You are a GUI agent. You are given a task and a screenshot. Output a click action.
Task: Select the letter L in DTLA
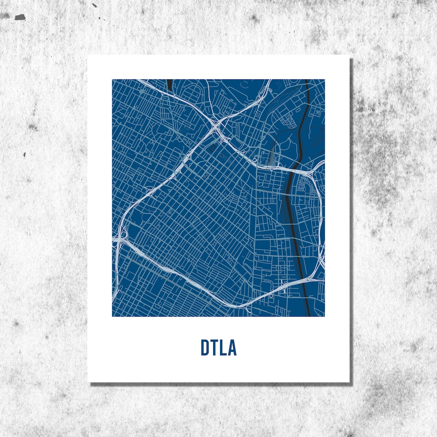click(x=223, y=347)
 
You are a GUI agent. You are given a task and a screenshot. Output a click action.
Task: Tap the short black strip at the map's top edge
click(x=169, y=84)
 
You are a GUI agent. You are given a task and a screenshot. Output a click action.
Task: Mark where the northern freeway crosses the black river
click(x=294, y=169)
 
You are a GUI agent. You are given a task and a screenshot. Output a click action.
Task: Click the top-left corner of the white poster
click(x=88, y=56)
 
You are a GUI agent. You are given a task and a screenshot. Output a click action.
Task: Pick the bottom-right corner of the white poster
click(x=350, y=382)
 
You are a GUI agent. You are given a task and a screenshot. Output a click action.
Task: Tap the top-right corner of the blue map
click(x=325, y=80)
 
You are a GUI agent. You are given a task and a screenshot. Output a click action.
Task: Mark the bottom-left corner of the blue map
click(x=112, y=316)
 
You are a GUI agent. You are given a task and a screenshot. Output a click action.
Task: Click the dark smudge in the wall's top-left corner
click(x=20, y=17)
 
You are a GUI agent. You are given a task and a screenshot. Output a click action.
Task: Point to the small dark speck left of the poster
click(x=25, y=155)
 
